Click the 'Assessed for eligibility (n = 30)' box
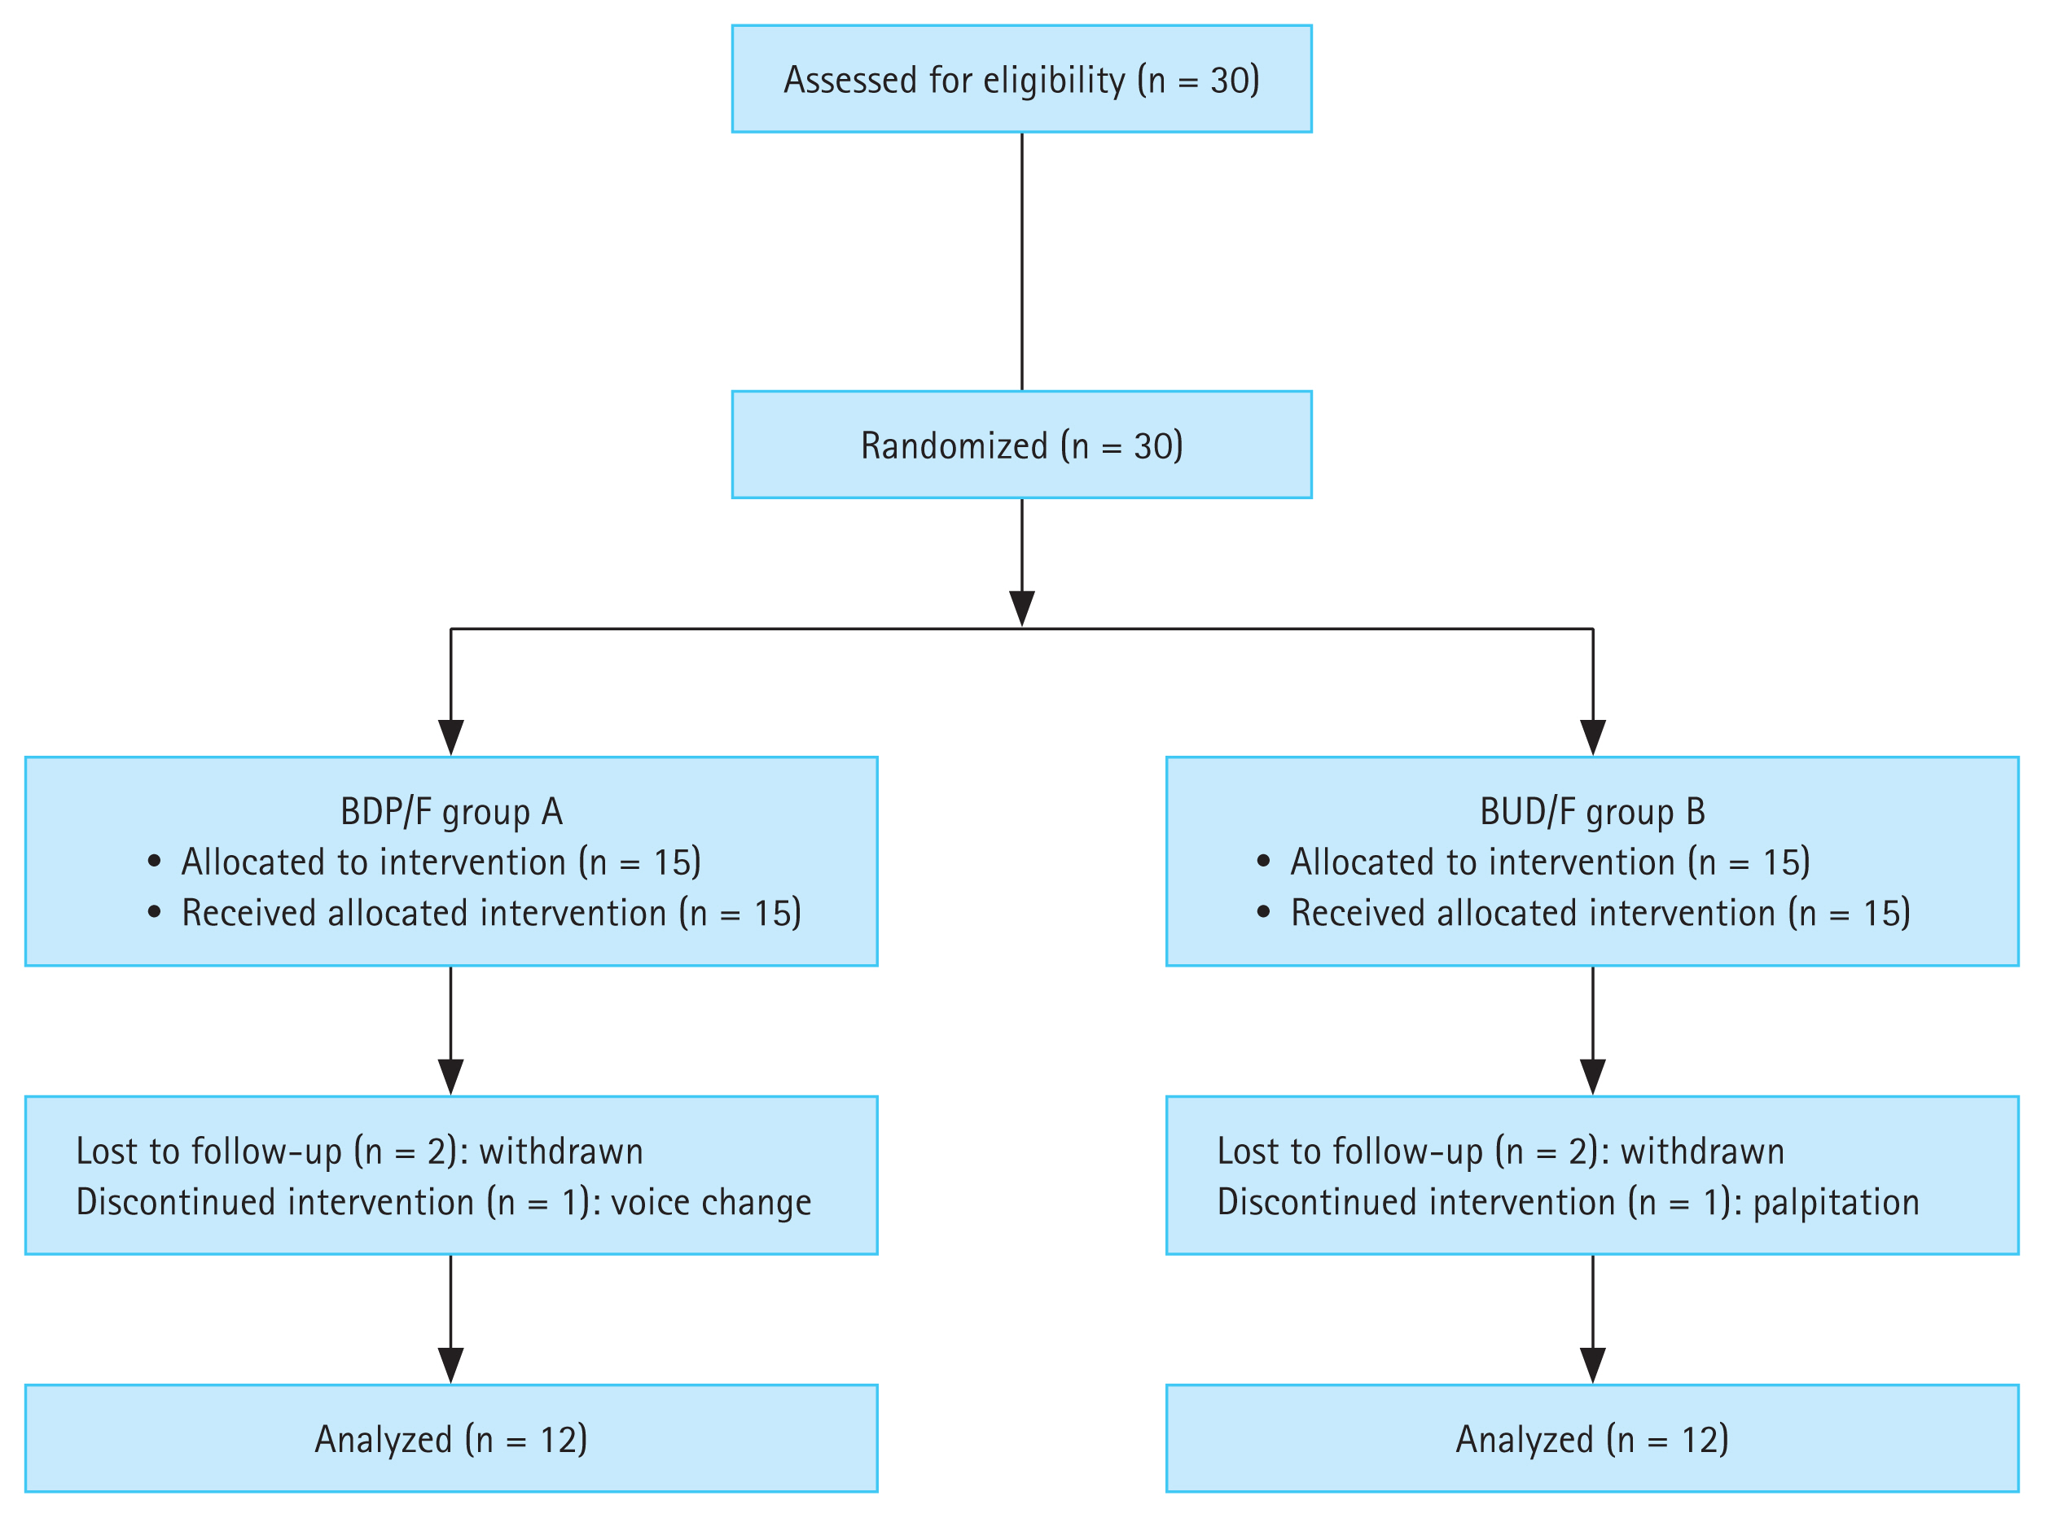pyautogui.click(x=1020, y=78)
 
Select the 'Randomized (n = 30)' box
pyautogui.click(x=1020, y=445)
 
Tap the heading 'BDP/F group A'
pyautogui.click(x=451, y=812)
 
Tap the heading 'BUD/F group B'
pyautogui.click(x=1592, y=812)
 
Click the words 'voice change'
pyautogui.click(x=710, y=1203)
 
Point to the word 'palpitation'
pyautogui.click(x=1836, y=1203)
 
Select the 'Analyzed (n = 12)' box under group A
pyautogui.click(x=451, y=1440)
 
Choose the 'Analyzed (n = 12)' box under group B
pyautogui.click(x=1592, y=1440)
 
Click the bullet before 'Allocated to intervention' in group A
pyautogui.click(x=155, y=862)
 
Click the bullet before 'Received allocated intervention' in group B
pyautogui.click(x=1263, y=912)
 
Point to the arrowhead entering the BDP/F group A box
pyautogui.click(x=451, y=737)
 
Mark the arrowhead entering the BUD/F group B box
pyautogui.click(x=1592, y=737)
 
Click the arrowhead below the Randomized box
pyautogui.click(x=1021, y=608)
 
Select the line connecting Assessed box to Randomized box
pyautogui.click(x=1021, y=262)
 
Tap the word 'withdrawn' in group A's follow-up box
pyautogui.click(x=560, y=1152)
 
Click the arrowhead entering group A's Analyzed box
pyautogui.click(x=451, y=1365)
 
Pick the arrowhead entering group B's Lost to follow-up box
pyautogui.click(x=1592, y=1076)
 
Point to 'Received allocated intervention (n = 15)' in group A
pyautogui.click(x=490, y=912)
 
